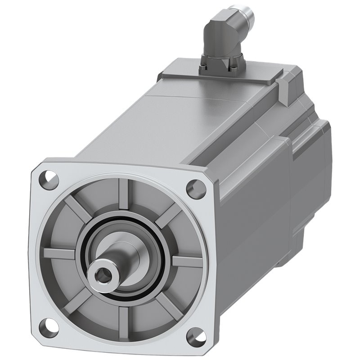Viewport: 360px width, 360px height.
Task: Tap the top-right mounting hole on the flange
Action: (x=194, y=186)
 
